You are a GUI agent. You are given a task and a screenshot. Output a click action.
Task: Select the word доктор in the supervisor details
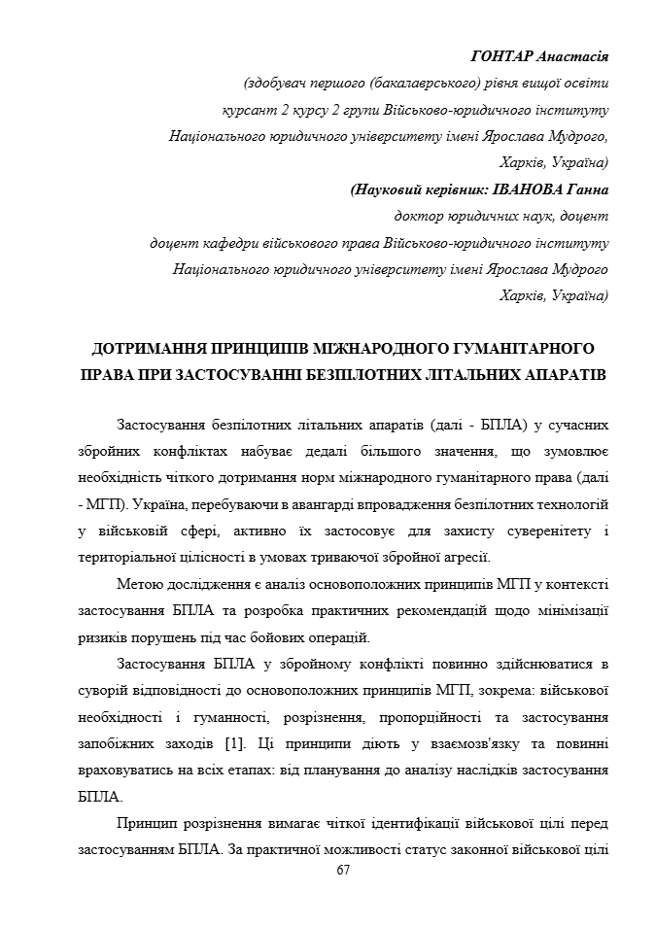pyautogui.click(x=418, y=216)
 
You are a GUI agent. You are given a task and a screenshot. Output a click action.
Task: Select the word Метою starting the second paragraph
pyautogui.click(x=139, y=585)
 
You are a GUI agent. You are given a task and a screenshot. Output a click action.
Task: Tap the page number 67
pyautogui.click(x=342, y=870)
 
